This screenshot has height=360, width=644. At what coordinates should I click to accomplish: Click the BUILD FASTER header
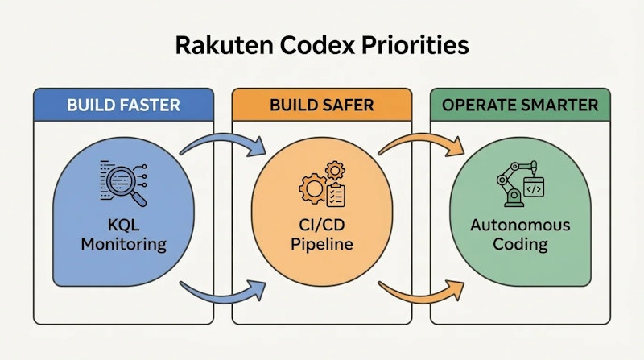click(123, 106)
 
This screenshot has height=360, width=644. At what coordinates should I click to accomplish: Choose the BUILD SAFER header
click(321, 106)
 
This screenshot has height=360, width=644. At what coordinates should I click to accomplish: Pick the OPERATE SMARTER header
click(520, 106)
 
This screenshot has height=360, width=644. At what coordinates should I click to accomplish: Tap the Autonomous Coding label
click(521, 233)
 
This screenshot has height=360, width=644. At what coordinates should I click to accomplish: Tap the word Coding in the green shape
click(521, 243)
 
